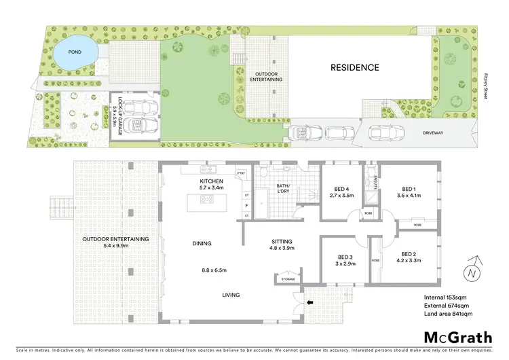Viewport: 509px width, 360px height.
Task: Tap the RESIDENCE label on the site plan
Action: [354, 67]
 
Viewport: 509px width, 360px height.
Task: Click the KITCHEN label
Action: [211, 181]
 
